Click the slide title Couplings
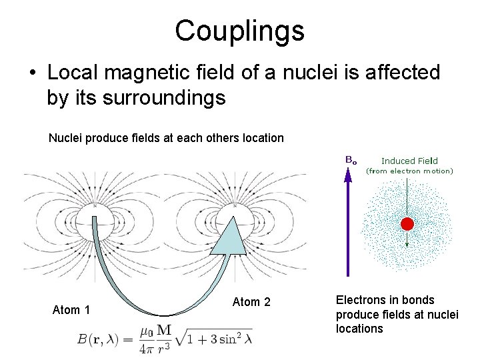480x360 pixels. coord(239,30)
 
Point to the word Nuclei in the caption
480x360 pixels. coord(65,138)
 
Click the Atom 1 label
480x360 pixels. coord(71,309)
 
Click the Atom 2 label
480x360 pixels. coord(251,302)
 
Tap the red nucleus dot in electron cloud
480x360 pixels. coord(407,224)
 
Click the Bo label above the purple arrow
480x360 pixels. coord(350,160)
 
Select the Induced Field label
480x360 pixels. coord(409,161)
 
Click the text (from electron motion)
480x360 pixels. coord(409,171)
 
